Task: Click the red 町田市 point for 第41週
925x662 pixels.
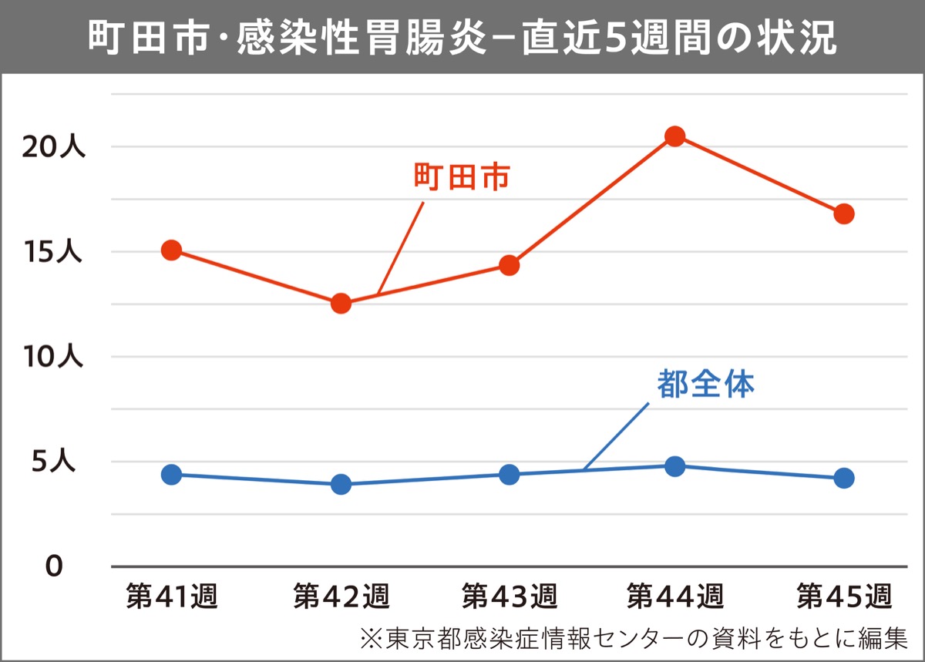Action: pos(172,250)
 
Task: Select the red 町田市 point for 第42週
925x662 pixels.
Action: pos(341,303)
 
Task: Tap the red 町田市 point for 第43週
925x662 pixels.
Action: pos(509,265)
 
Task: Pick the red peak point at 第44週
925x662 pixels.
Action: pos(675,136)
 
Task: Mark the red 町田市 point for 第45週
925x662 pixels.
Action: pos(844,213)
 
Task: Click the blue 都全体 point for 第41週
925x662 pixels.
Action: pos(172,474)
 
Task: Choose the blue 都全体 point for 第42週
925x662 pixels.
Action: pos(341,484)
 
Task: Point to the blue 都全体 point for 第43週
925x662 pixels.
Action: pos(509,474)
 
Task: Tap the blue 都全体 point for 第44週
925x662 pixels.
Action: pos(675,466)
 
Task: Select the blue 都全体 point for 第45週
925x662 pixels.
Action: pos(844,478)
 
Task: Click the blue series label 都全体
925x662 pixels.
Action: pos(705,384)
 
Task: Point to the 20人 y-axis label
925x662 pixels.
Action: pos(53,147)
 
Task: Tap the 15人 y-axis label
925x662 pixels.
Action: pos(53,252)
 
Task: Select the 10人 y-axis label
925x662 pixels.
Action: pos(53,357)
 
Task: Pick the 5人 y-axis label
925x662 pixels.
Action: pos(59,462)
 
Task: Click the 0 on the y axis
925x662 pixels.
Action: pos(53,566)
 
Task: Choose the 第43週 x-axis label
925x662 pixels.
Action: pos(509,596)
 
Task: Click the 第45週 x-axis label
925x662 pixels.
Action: pos(844,596)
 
